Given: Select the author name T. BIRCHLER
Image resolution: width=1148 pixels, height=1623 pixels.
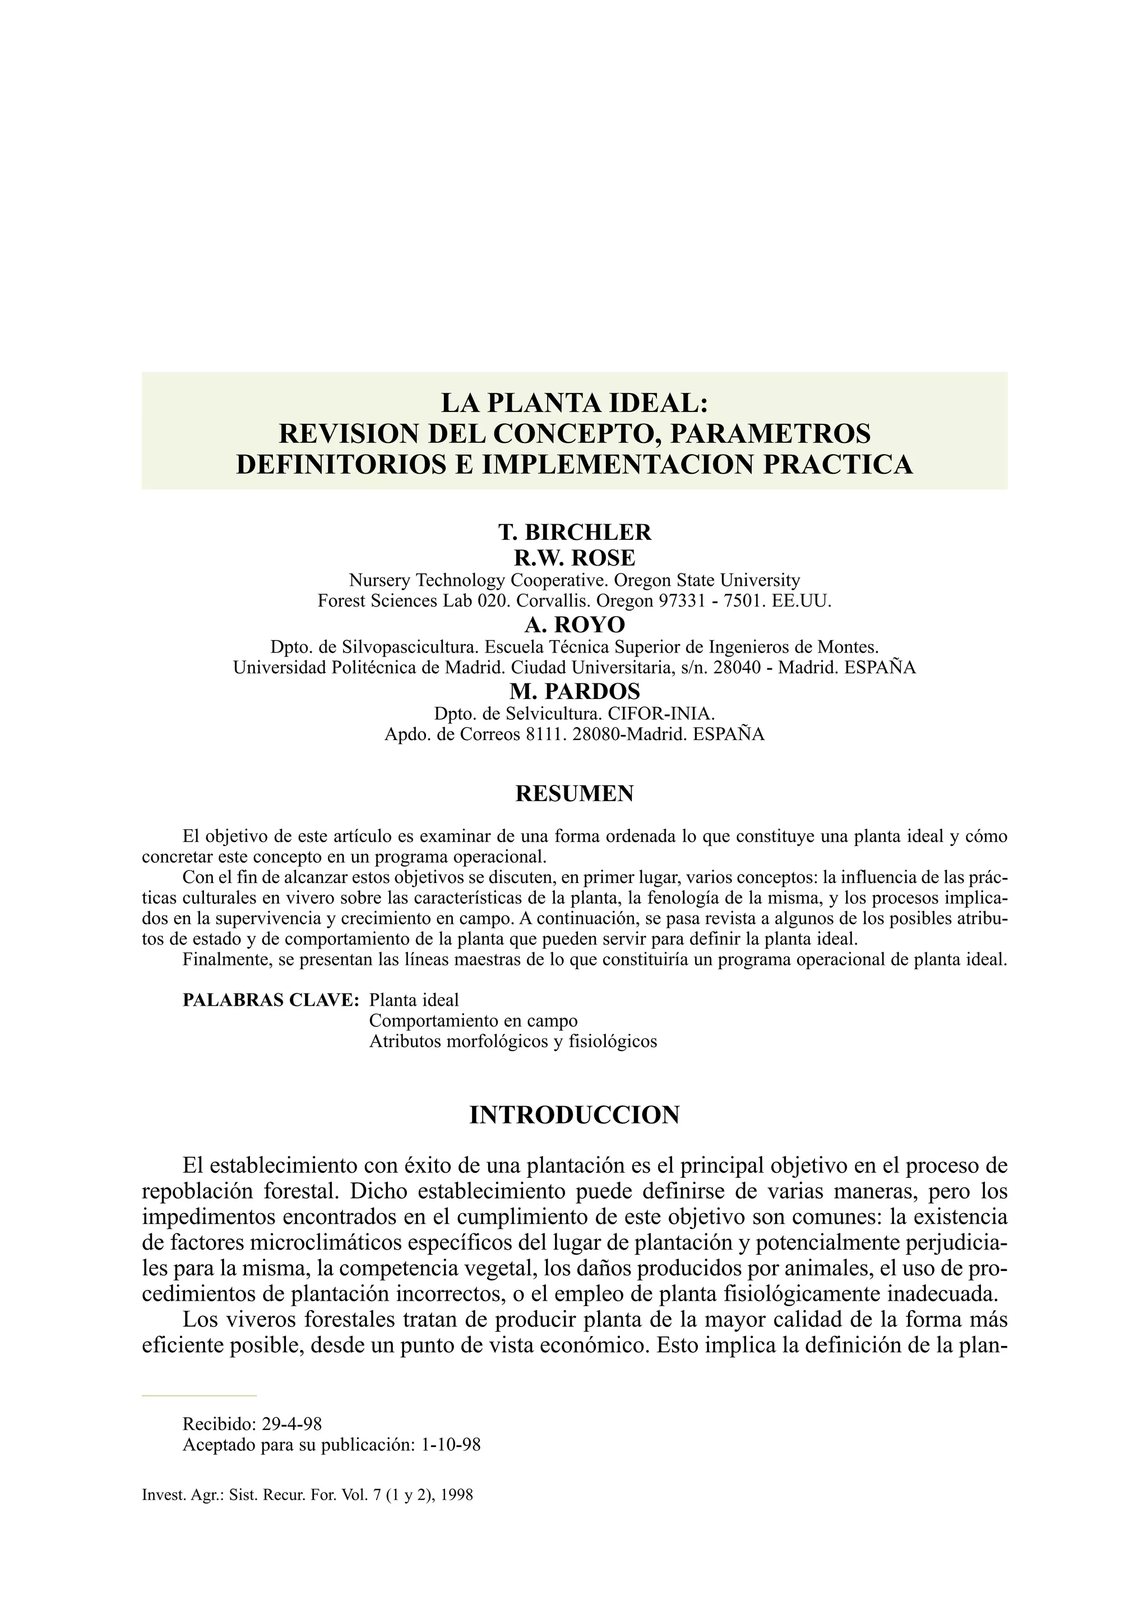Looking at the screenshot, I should pos(574,531).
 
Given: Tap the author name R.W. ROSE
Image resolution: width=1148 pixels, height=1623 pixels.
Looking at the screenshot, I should pos(574,558).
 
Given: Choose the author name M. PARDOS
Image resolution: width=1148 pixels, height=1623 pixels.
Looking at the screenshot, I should pos(574,691).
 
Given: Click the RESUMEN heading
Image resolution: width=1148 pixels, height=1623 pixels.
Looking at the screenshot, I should pos(574,794).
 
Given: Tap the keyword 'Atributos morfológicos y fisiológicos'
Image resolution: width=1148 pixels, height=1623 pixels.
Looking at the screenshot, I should pos(512,1041).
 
